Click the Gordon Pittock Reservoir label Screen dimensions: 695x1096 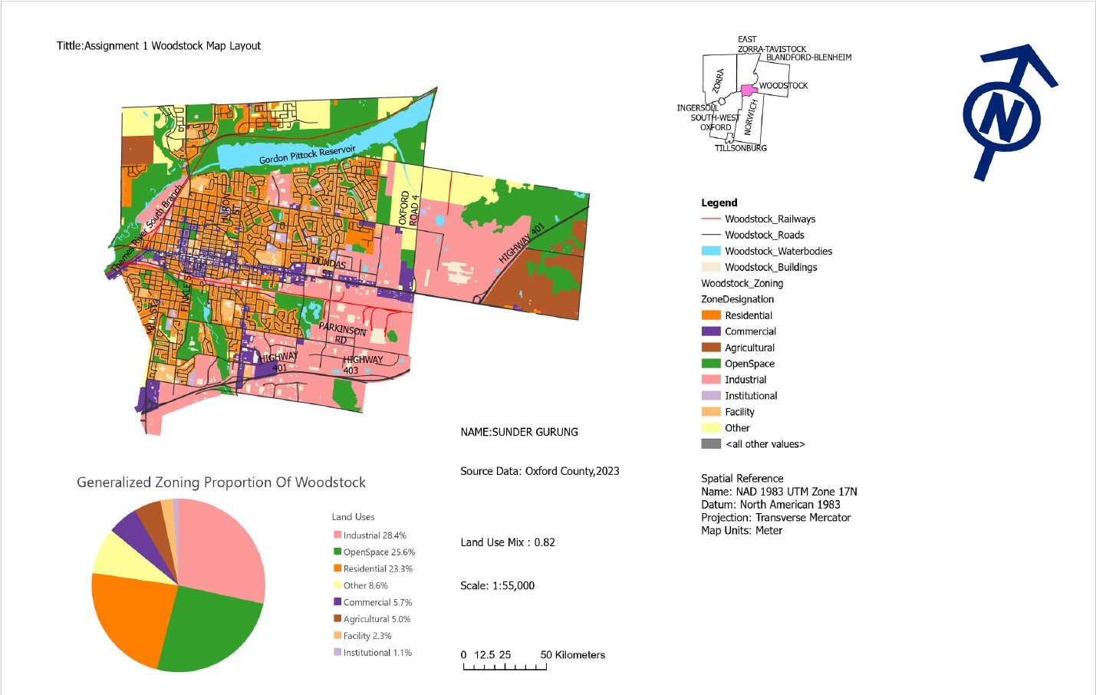click(307, 154)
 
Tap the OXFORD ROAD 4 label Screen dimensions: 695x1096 click(409, 209)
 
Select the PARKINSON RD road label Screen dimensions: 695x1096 click(342, 333)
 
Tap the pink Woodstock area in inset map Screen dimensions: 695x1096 click(749, 91)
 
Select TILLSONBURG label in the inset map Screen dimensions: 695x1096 click(740, 148)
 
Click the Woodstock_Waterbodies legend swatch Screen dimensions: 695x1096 click(711, 251)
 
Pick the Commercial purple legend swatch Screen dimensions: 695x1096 click(711, 331)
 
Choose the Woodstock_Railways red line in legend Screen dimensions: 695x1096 click(711, 219)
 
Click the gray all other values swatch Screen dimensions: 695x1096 click(711, 444)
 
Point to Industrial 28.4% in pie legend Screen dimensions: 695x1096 click(374, 535)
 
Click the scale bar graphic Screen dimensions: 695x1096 click(505, 666)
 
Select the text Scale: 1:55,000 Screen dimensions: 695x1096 click(497, 586)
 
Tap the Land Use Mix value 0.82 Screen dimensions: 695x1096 click(545, 542)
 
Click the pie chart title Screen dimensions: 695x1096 click(221, 483)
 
